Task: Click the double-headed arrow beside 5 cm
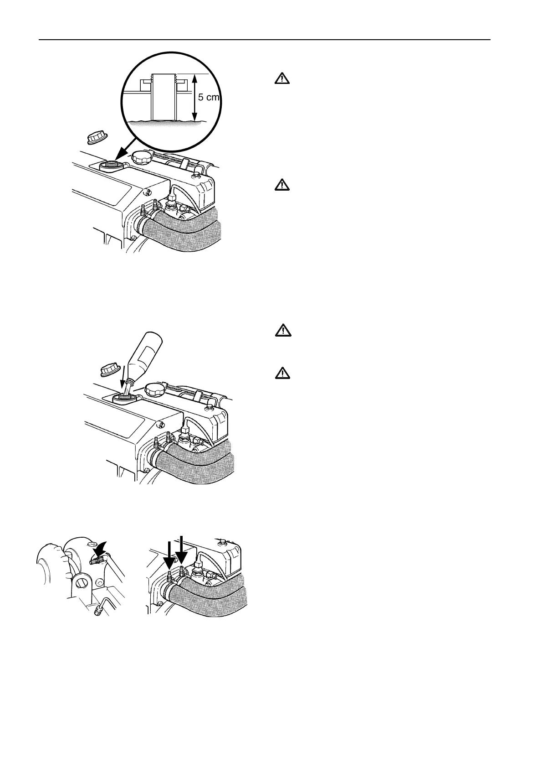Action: tap(195, 98)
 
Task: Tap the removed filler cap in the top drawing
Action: tap(96, 135)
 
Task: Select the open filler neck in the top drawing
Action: tap(110, 164)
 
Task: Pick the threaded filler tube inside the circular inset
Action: tap(164, 96)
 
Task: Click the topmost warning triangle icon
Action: tap(283, 79)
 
